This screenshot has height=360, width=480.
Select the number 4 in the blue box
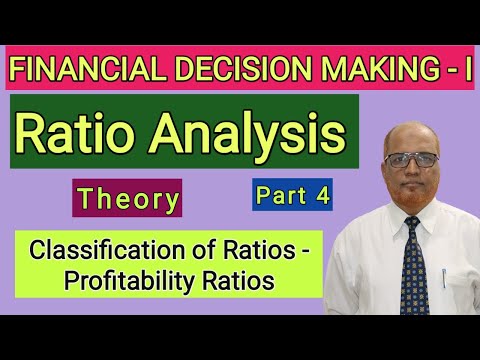321,196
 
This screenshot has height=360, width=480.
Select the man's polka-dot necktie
412,262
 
